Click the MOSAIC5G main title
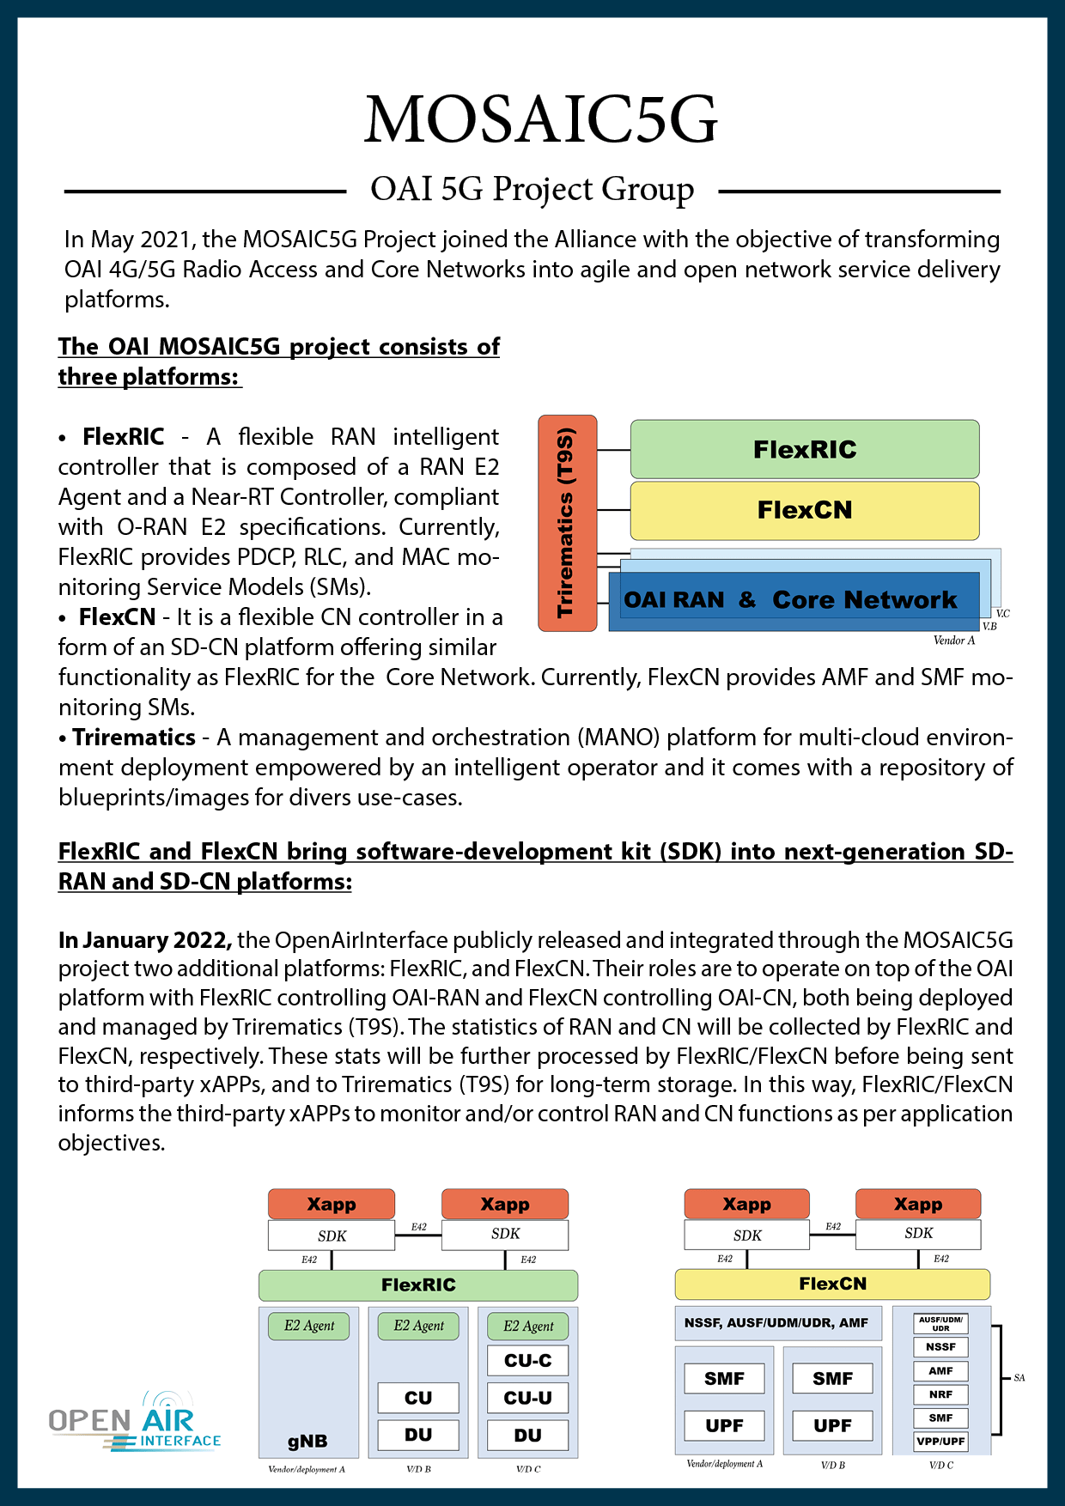(x=540, y=119)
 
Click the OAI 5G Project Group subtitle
(x=532, y=189)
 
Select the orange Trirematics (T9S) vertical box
(x=567, y=523)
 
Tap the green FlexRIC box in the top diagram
(x=805, y=449)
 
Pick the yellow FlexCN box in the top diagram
(x=805, y=510)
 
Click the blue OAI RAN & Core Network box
(x=790, y=600)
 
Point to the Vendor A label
(x=954, y=641)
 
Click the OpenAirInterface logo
(x=135, y=1421)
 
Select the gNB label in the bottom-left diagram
(x=307, y=1442)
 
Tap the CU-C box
(x=527, y=1361)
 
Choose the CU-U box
(x=527, y=1398)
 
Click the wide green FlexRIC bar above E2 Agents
(x=418, y=1285)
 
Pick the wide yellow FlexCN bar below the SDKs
(x=832, y=1284)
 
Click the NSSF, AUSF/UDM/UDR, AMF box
(x=776, y=1323)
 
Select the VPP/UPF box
(x=940, y=1442)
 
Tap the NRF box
(x=940, y=1394)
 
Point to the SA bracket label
(x=1019, y=1378)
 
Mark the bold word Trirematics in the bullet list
(x=134, y=738)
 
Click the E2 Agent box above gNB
(x=309, y=1326)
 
